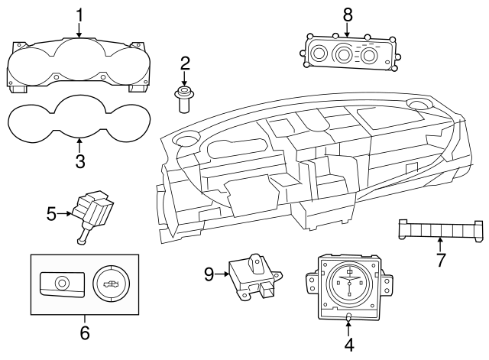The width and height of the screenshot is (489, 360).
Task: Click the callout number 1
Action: (x=79, y=14)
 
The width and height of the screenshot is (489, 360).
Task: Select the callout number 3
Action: (x=79, y=161)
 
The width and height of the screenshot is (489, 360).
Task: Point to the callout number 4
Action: (x=348, y=345)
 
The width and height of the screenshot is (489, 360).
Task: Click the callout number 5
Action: (x=52, y=213)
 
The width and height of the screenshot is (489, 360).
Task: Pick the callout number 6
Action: (x=85, y=332)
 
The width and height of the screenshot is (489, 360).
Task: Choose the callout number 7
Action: (x=441, y=259)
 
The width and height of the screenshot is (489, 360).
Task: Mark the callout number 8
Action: (x=348, y=13)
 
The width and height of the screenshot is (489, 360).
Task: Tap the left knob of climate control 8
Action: (x=319, y=53)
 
